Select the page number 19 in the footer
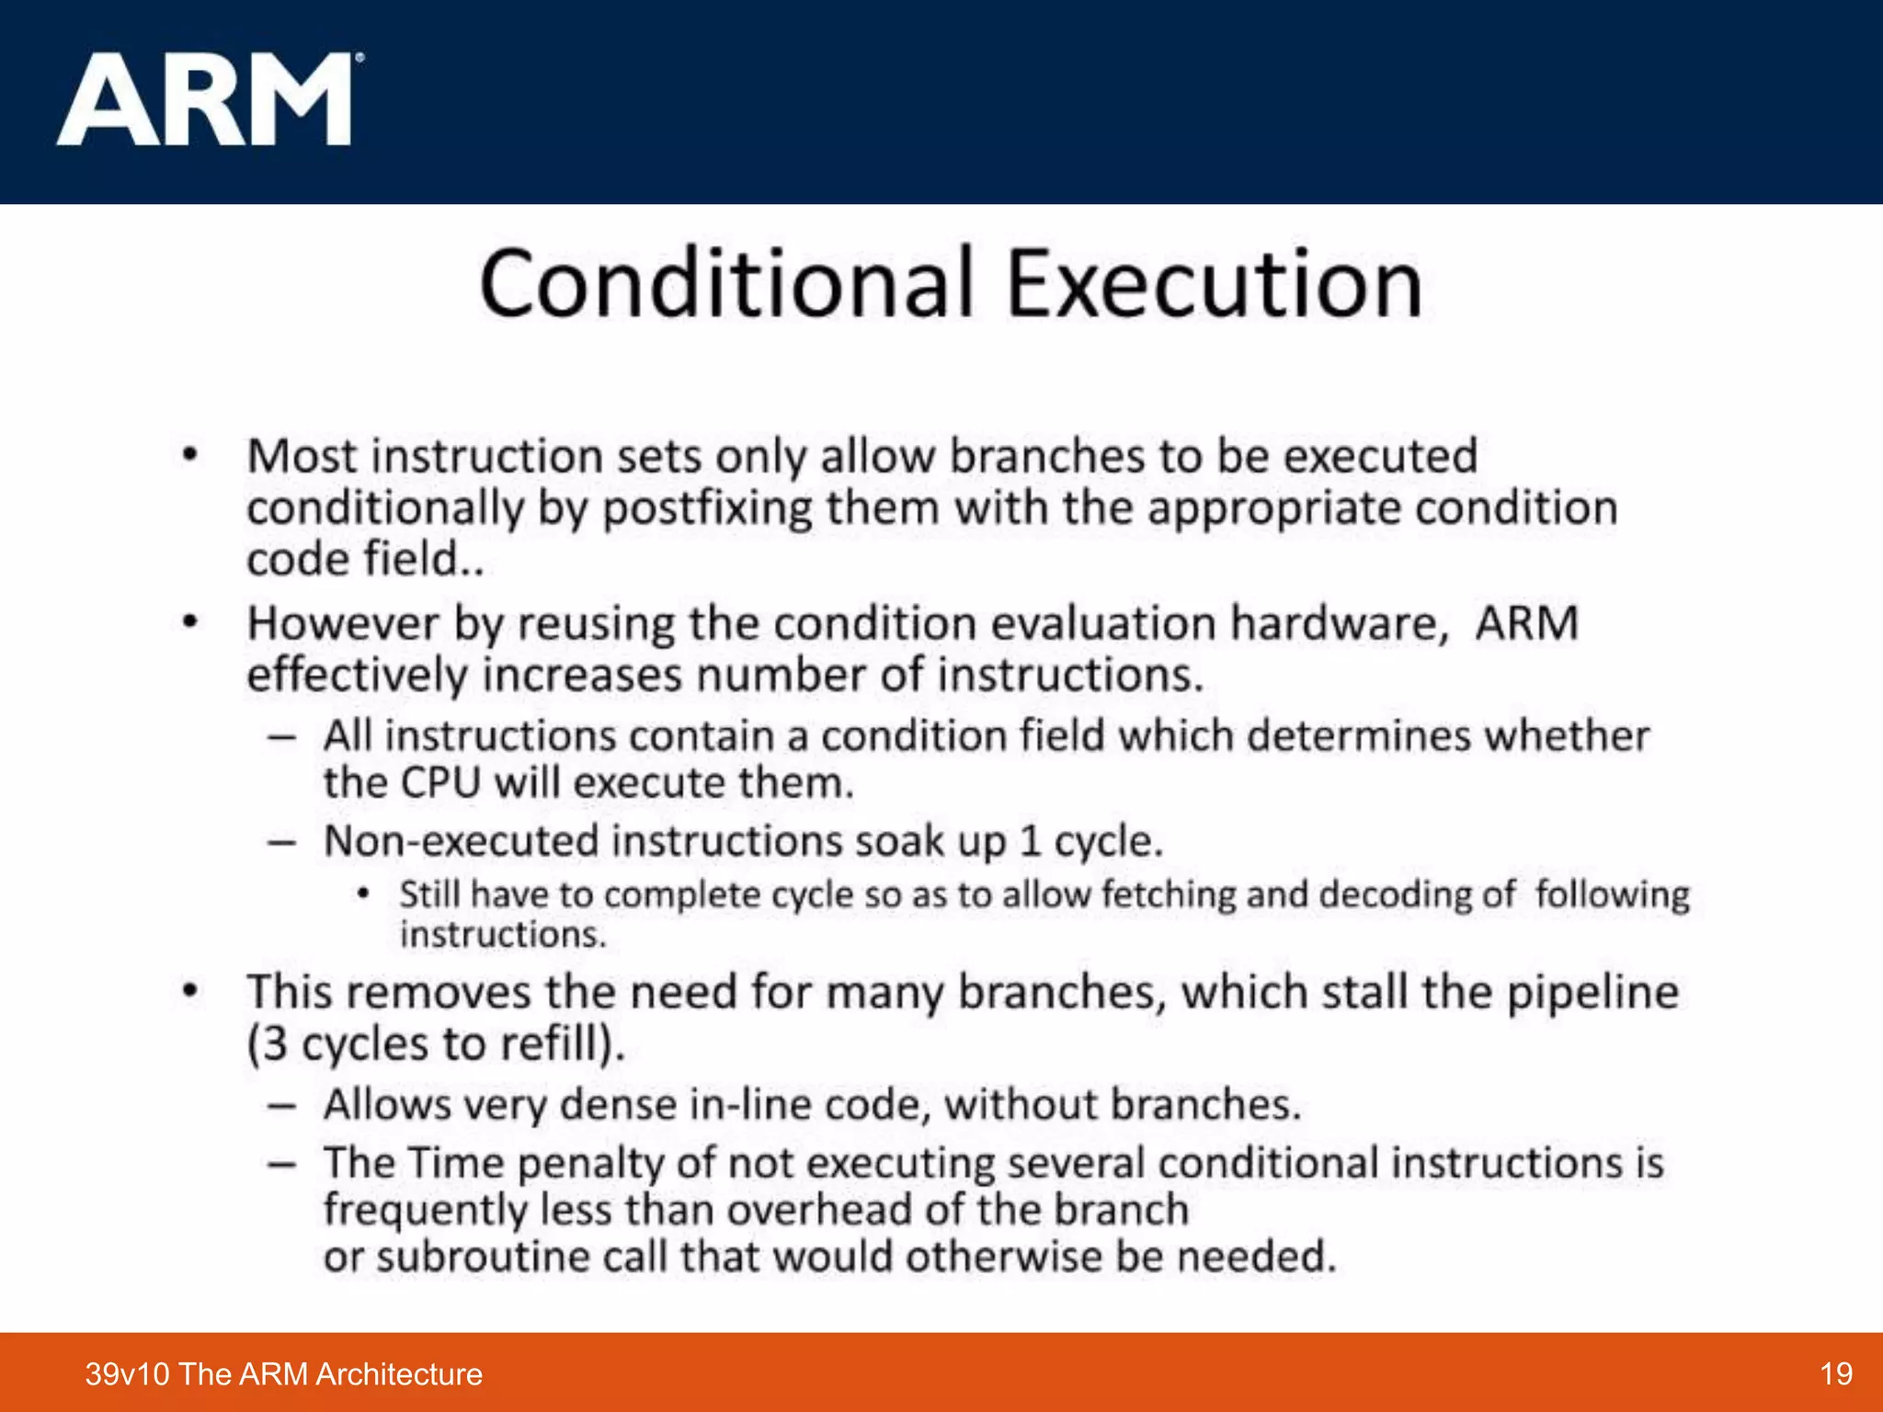[x=1835, y=1373]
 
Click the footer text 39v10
[x=127, y=1373]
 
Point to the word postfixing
[x=707, y=508]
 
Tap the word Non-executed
[x=461, y=841]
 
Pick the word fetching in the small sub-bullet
[x=1168, y=894]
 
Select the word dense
[x=618, y=1105]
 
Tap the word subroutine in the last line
[x=482, y=1257]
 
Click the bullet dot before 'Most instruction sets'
[x=190, y=454]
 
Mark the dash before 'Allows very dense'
[x=281, y=1105]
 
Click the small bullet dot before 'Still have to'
[x=364, y=893]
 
